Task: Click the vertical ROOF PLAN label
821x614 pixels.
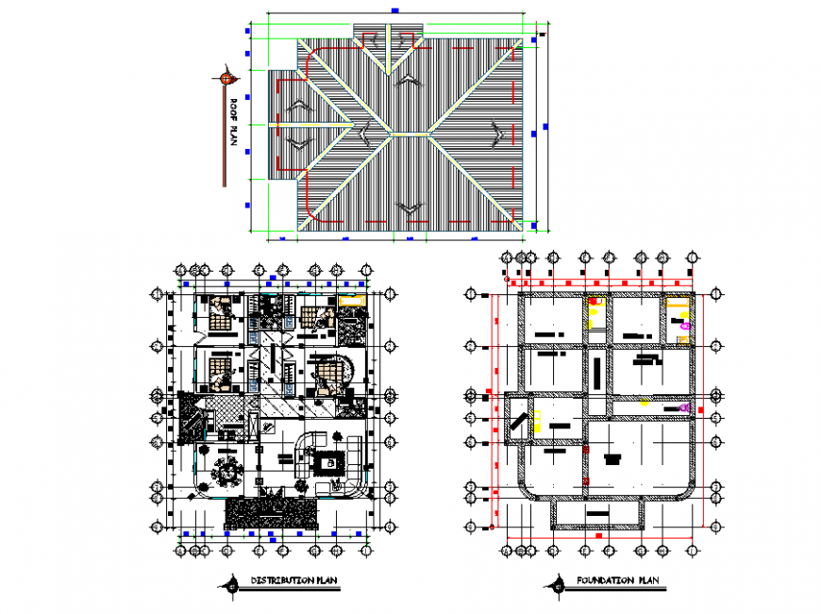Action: pos(232,124)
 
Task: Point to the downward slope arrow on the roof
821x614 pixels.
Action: pos(408,207)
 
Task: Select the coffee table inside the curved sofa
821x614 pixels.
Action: pos(330,462)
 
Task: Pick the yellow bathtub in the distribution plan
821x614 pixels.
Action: pos(352,300)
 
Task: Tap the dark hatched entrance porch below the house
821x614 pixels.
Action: pos(270,513)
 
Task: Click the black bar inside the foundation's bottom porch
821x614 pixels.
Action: pos(598,511)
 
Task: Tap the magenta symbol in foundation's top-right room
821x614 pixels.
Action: pos(685,325)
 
